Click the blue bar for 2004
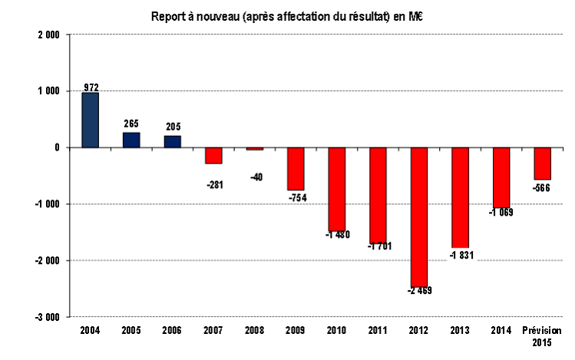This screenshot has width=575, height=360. click(x=91, y=120)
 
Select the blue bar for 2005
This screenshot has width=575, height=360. click(x=131, y=140)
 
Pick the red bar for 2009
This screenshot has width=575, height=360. click(x=296, y=169)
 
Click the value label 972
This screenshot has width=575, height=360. click(x=91, y=87)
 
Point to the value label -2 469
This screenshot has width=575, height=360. click(x=419, y=291)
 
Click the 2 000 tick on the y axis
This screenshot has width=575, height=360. click(x=48, y=35)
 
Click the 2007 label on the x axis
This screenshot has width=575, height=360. click(x=213, y=330)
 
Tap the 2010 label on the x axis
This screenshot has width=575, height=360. click(x=337, y=330)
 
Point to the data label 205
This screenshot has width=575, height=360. click(x=173, y=128)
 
